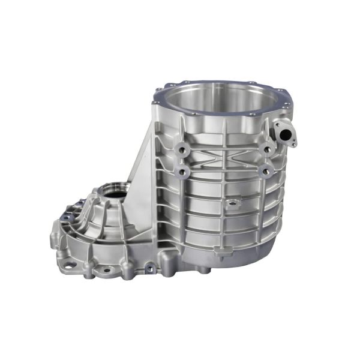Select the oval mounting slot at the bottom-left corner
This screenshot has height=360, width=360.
point(67,262)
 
